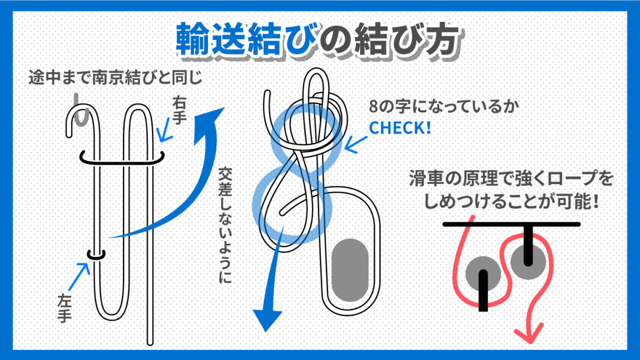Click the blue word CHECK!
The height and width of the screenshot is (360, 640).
tap(399, 128)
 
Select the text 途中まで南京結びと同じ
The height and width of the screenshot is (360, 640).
tap(116, 79)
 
